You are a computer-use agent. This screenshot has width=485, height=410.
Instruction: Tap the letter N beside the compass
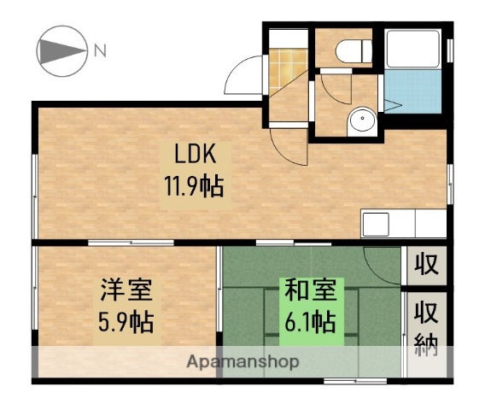click(x=100, y=51)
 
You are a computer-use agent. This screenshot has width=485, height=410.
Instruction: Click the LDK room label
click(x=198, y=155)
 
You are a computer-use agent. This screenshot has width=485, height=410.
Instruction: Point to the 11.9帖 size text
click(x=198, y=185)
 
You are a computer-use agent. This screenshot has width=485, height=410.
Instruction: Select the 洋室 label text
click(x=125, y=291)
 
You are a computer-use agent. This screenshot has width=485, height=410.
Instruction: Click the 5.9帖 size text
click(x=125, y=324)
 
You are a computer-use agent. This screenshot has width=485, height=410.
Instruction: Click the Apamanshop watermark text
click(x=242, y=362)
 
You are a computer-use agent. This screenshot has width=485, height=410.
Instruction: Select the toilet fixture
click(x=351, y=51)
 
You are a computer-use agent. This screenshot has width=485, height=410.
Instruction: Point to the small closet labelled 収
click(x=426, y=265)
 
